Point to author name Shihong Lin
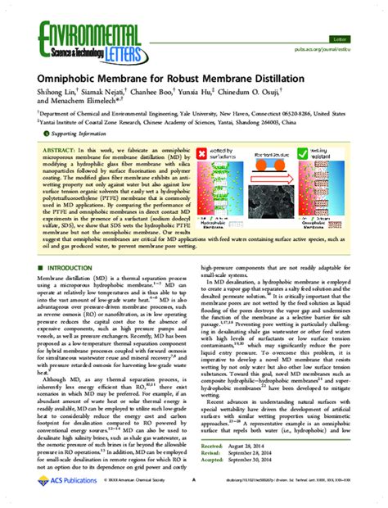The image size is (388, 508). [56, 95]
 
